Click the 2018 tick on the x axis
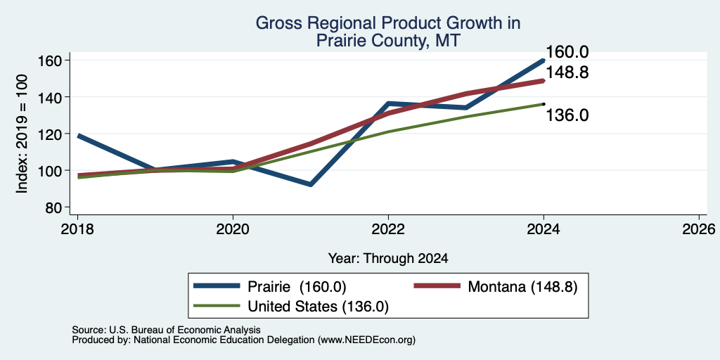(x=77, y=229)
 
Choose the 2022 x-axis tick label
(x=388, y=229)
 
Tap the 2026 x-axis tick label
(x=699, y=229)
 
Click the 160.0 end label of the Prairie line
(x=567, y=52)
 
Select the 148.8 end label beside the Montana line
(x=567, y=72)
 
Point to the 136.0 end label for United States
(x=567, y=115)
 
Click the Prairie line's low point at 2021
(x=310, y=185)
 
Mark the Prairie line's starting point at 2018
(x=78, y=136)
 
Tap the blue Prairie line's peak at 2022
(x=388, y=103)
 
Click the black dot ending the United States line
(x=544, y=104)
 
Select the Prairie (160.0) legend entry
(x=270, y=287)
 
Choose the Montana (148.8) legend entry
(x=496, y=287)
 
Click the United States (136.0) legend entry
(x=292, y=307)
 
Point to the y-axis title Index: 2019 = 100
(x=22, y=134)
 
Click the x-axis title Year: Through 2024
(x=388, y=259)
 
